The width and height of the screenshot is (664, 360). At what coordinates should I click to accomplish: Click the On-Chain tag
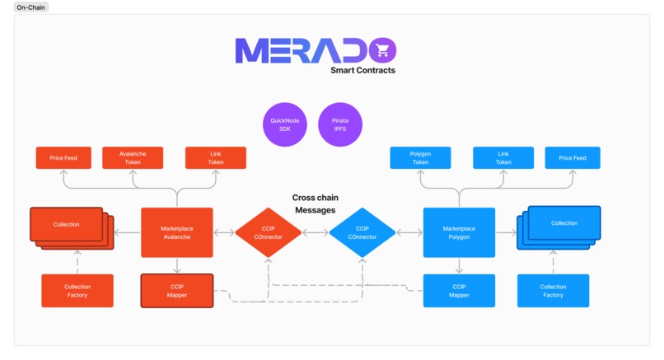point(31,7)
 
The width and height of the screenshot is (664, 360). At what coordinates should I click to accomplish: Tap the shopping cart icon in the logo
point(381,52)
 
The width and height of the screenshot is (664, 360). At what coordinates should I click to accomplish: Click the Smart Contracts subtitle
point(362,71)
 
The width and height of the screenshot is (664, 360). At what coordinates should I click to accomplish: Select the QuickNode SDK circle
point(284,124)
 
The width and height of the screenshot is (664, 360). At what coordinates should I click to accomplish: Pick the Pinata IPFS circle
point(340,124)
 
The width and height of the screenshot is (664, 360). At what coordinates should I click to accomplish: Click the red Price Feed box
point(63,157)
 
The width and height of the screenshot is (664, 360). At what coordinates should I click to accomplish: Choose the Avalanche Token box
point(133,157)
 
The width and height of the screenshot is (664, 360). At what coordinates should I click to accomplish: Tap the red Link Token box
point(216,157)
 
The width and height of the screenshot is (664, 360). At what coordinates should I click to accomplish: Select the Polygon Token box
point(420,157)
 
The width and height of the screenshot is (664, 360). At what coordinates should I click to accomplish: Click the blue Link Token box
point(503,157)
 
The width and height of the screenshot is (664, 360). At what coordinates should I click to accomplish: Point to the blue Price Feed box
point(573,157)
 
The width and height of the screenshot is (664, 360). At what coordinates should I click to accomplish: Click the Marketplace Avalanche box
point(177,232)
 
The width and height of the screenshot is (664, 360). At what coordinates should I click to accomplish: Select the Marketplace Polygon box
point(459,232)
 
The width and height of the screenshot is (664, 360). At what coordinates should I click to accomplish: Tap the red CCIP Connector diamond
point(269,233)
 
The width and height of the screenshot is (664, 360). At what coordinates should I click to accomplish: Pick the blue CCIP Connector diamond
point(362,233)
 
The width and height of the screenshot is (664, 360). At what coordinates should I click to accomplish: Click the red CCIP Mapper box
point(177,291)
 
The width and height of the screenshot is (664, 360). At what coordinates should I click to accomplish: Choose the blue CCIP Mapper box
point(459,291)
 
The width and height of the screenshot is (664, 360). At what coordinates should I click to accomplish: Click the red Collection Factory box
point(77,291)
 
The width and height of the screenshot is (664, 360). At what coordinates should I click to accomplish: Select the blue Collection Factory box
point(553,291)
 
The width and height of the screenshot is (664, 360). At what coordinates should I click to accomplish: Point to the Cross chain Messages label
point(316,204)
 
